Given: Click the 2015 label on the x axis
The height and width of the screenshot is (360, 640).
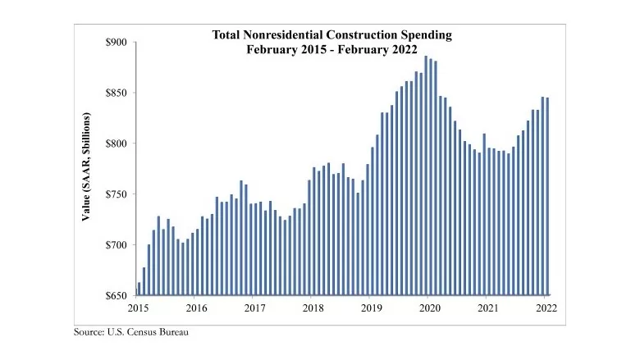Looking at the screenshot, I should coord(138,308).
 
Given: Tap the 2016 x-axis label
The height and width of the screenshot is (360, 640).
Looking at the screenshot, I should coord(197,308).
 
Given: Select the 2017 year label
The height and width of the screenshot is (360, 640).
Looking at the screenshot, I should coord(255,308).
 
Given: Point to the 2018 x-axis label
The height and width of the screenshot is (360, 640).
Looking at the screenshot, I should coord(313,308).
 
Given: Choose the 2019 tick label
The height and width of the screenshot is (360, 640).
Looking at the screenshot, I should coord(372,308).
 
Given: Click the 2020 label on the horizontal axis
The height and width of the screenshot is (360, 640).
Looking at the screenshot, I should coord(430,308).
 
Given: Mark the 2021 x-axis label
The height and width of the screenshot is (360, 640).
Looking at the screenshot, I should coord(488,308).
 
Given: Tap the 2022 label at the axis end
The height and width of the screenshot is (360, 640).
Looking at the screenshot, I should coord(546,308).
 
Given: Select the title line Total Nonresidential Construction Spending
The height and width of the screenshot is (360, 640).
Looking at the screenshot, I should coord(332,35).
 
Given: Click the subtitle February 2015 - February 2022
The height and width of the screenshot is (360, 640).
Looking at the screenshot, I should coord(332,49).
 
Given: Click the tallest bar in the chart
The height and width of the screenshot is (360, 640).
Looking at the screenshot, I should coord(426,175).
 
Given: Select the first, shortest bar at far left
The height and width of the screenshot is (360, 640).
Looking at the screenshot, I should coord(139,289).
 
